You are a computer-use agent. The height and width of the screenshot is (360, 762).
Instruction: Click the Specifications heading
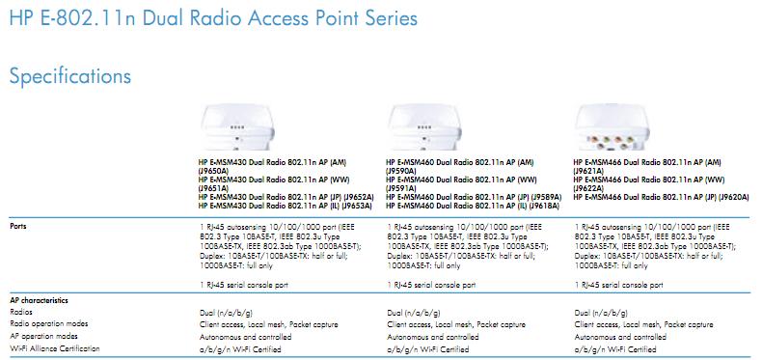coord(69,75)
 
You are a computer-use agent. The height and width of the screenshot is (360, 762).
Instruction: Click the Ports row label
coord(18,225)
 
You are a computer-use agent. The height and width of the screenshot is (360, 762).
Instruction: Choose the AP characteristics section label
coord(36,301)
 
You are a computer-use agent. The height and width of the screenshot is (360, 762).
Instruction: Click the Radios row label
coord(20,313)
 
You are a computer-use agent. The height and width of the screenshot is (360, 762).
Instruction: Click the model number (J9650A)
coord(213,171)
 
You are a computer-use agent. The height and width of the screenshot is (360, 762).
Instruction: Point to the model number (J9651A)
coord(213,188)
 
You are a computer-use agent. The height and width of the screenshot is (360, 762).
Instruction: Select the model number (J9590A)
coord(403,171)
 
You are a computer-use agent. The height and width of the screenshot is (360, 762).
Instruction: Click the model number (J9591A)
coord(403,188)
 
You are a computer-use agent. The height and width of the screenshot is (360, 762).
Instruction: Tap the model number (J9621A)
coord(591,171)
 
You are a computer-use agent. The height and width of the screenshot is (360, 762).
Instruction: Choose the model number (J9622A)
coord(591,188)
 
